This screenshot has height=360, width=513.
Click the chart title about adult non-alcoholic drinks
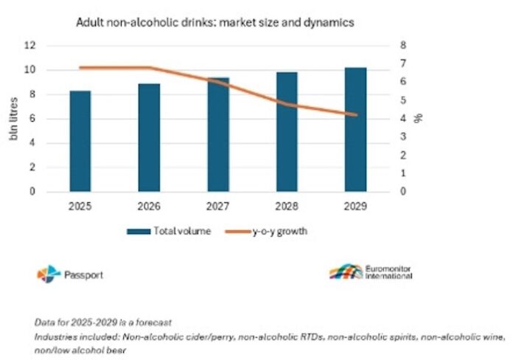(215, 22)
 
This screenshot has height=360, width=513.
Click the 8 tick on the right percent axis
(403, 45)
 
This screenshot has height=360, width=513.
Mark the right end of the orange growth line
(356, 114)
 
